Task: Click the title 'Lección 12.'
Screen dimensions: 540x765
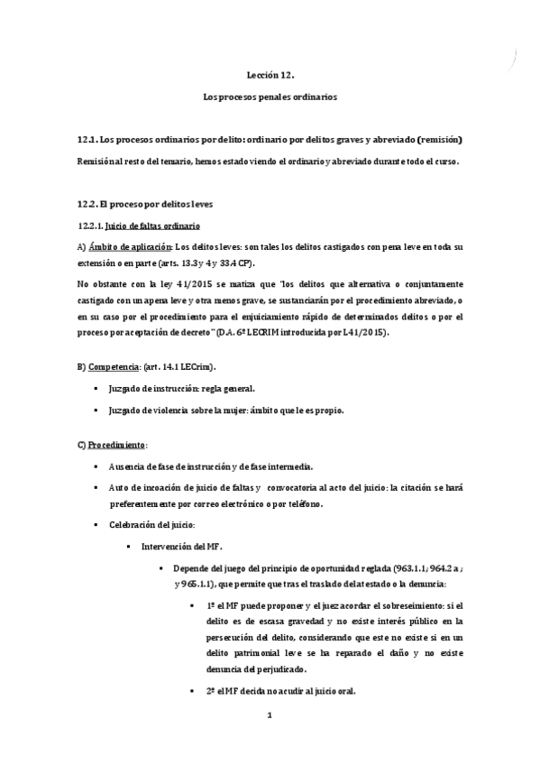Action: (270, 78)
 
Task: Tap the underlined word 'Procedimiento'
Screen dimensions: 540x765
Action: (116, 446)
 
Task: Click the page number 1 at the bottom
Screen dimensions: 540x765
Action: (269, 716)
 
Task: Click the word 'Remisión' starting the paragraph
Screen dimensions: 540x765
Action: (97, 161)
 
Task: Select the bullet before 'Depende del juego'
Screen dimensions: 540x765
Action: (160, 568)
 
